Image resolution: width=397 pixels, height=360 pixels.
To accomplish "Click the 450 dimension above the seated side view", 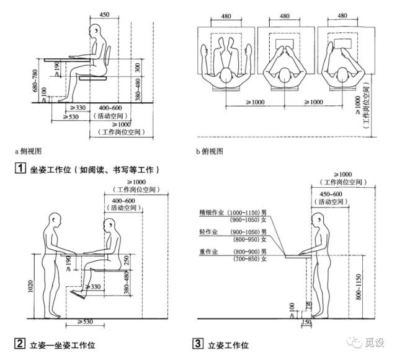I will [x=104, y=14].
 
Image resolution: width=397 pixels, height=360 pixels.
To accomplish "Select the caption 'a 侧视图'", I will [x=29, y=151].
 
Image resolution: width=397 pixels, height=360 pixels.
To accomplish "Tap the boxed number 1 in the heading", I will [x=20, y=169].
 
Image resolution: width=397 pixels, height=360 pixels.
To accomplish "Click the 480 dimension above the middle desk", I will [x=284, y=16].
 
